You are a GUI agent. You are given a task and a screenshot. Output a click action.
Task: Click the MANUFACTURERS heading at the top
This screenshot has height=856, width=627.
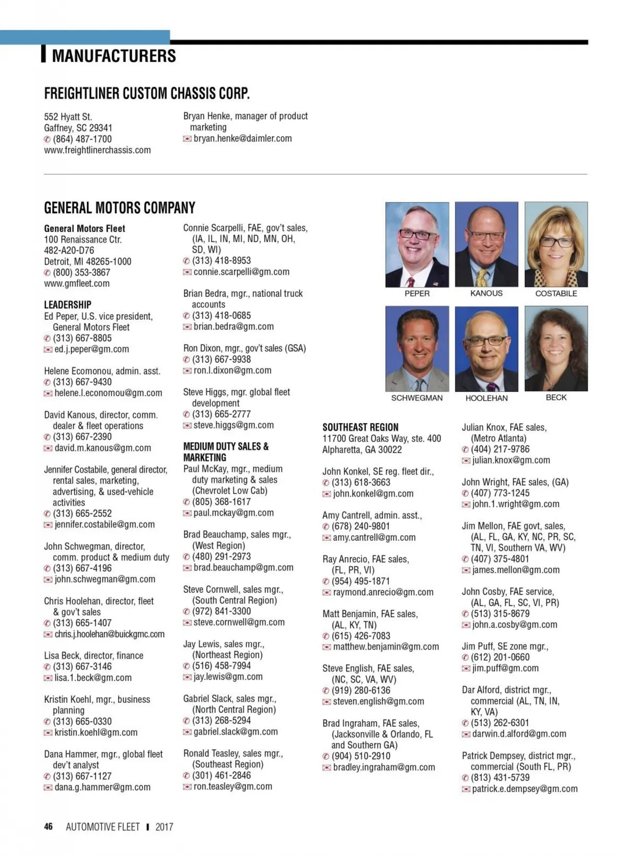click(113, 56)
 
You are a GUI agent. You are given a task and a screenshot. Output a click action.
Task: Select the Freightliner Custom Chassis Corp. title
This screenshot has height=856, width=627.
click(147, 94)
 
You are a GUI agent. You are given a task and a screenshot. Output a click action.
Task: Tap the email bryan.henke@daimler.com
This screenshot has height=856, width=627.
click(242, 138)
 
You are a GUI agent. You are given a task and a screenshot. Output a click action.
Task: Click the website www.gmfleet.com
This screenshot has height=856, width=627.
click(77, 284)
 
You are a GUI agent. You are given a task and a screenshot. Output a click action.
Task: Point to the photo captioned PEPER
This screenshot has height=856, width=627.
click(417, 245)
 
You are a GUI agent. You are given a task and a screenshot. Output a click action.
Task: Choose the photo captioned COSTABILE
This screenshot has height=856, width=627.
click(556, 245)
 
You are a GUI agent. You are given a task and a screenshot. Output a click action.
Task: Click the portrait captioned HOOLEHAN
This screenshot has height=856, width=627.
click(486, 349)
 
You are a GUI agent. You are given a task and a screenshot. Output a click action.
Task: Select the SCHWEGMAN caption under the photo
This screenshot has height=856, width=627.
click(417, 398)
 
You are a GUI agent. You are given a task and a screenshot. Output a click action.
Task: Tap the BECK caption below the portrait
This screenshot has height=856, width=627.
click(556, 397)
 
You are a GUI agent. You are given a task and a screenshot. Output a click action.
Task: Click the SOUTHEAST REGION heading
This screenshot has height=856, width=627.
click(360, 427)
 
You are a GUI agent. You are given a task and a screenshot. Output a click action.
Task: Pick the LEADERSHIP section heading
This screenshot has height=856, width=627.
click(67, 305)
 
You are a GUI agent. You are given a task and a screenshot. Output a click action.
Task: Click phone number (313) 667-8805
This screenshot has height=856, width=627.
click(82, 338)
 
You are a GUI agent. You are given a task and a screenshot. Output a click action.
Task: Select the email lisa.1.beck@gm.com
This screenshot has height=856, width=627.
click(93, 678)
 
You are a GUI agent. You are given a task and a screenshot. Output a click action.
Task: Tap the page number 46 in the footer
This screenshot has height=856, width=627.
click(49, 826)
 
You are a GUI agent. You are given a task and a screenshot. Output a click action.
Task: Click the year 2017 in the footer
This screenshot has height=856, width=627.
click(164, 827)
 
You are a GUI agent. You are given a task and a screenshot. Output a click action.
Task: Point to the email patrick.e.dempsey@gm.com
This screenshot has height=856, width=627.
click(525, 789)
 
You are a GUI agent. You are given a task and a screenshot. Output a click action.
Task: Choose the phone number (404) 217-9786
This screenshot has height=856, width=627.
click(500, 449)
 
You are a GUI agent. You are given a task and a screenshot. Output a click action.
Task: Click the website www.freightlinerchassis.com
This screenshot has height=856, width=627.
click(97, 150)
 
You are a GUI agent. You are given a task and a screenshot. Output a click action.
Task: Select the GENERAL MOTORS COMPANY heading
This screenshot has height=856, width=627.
click(120, 208)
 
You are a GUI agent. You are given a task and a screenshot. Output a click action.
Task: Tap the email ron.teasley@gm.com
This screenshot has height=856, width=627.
click(233, 786)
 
